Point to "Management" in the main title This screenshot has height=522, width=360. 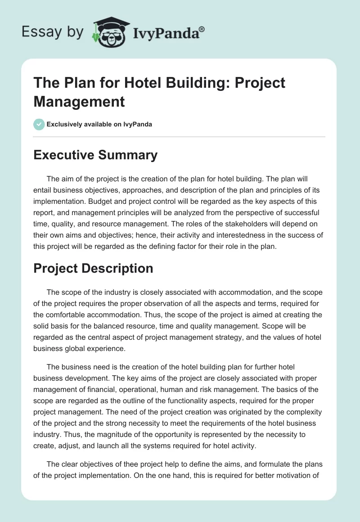click(79, 101)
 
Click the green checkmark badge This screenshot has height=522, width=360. click(39, 124)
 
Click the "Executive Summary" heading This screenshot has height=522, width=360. click(95, 155)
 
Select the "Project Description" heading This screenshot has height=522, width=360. click(93, 268)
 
